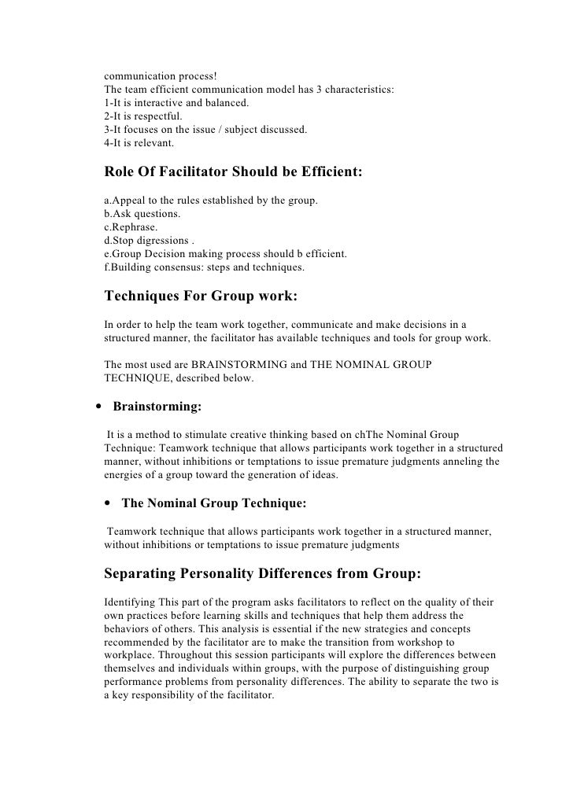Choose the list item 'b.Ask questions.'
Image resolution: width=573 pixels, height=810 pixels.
(141, 214)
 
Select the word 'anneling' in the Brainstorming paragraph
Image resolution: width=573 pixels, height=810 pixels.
(446, 462)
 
